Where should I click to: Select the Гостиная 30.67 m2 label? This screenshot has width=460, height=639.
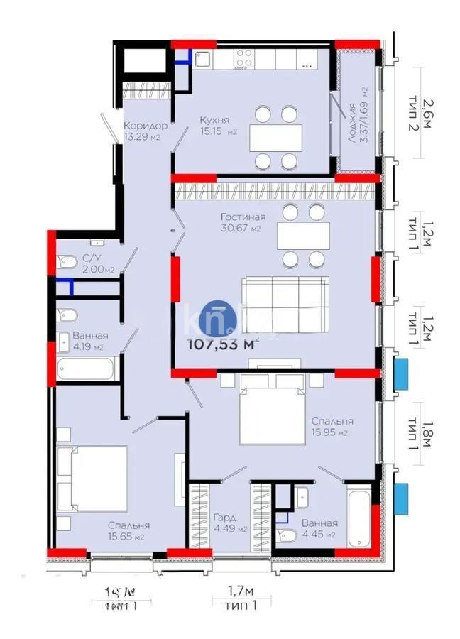tap(242, 222)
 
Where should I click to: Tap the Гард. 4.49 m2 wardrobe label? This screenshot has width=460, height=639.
tap(229, 523)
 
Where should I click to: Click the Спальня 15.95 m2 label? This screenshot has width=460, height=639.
tap(332, 426)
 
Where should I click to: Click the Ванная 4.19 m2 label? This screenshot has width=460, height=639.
tap(89, 342)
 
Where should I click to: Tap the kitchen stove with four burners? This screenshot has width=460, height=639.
tap(246, 58)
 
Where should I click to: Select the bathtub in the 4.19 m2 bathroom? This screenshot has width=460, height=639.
tap(86, 370)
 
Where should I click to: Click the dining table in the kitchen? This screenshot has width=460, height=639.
tap(275, 137)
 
